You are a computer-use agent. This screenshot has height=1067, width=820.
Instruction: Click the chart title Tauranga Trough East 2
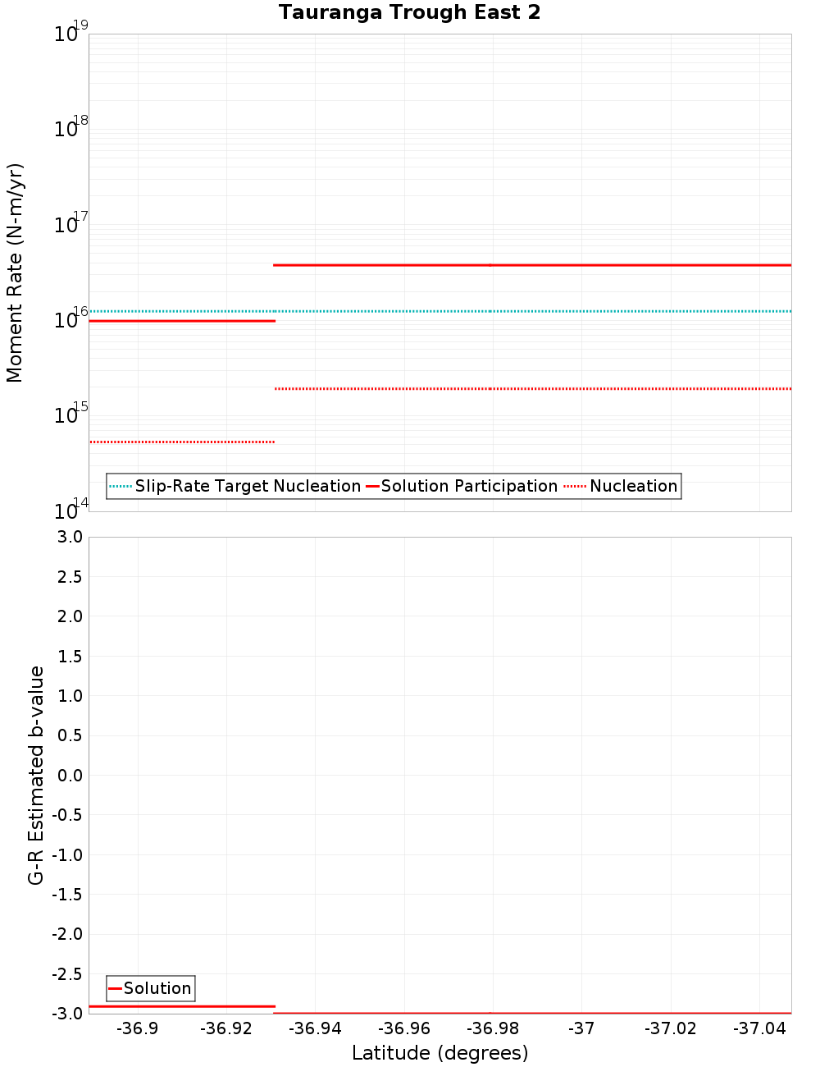(x=409, y=12)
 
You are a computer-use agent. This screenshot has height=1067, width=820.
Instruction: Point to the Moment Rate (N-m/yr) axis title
(x=15, y=272)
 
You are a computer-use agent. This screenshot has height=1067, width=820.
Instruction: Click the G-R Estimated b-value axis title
(x=36, y=775)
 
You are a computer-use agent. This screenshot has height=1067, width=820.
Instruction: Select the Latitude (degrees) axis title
(x=440, y=1053)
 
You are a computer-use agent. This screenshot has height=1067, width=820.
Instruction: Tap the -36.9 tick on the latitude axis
(x=138, y=1028)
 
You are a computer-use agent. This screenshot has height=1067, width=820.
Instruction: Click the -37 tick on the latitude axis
(x=581, y=1028)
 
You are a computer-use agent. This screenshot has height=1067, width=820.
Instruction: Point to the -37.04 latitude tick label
(x=759, y=1028)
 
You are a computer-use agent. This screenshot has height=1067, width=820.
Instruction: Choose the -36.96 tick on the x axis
(x=404, y=1028)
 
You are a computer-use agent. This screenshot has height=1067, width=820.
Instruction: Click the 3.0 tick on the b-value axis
(x=69, y=537)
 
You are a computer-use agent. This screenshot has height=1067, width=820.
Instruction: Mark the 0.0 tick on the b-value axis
(x=69, y=775)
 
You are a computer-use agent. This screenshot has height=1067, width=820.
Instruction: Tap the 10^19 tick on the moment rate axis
(x=71, y=34)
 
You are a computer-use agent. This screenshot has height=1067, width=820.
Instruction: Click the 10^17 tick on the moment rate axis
(x=71, y=224)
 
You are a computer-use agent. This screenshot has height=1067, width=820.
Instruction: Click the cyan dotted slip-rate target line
(x=533, y=311)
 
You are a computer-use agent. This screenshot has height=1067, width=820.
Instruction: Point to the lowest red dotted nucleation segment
(x=182, y=442)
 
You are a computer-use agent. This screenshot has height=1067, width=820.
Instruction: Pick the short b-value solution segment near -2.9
(x=182, y=1005)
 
